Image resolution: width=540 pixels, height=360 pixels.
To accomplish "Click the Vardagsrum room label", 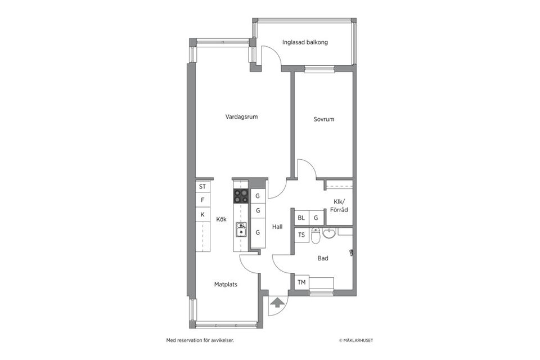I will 241,117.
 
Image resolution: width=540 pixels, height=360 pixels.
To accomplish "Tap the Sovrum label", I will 324,119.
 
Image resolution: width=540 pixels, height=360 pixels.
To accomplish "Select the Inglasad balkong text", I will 305,42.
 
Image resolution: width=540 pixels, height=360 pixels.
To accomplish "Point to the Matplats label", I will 226,285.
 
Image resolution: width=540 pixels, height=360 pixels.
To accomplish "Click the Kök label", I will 221,219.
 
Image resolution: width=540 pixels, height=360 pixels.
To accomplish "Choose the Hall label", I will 277,227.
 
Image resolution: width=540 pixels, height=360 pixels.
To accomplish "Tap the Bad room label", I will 323,258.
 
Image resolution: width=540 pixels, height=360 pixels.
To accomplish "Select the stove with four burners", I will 241,196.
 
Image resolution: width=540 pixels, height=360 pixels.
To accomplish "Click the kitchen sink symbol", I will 241,229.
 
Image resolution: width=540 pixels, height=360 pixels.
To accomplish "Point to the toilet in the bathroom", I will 316,237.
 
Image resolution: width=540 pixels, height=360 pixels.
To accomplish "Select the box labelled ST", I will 202,186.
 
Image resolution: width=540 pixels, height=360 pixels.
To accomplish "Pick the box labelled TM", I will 301,282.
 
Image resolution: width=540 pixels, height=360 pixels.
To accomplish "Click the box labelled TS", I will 301,235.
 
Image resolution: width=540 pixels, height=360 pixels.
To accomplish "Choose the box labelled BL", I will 301,218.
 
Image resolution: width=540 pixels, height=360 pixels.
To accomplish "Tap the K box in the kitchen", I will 202,214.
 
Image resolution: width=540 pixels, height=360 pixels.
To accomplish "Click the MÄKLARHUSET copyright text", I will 355,340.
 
